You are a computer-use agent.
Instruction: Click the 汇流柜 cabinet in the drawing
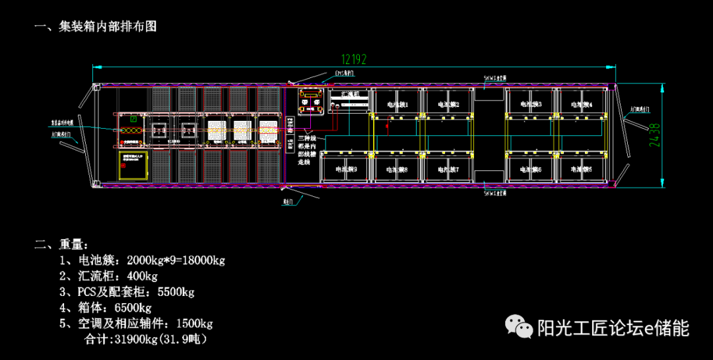click(347, 101)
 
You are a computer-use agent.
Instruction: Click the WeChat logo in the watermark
click(520, 327)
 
